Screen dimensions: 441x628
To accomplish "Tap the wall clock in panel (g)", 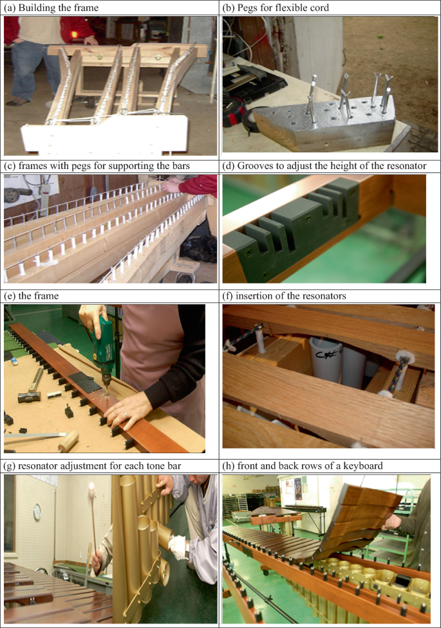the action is tap(37, 512).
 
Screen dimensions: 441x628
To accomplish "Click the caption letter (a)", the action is tap(9, 8).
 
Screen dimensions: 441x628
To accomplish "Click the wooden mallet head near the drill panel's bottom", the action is tap(68, 440).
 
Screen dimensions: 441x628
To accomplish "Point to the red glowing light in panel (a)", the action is tap(74, 35).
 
